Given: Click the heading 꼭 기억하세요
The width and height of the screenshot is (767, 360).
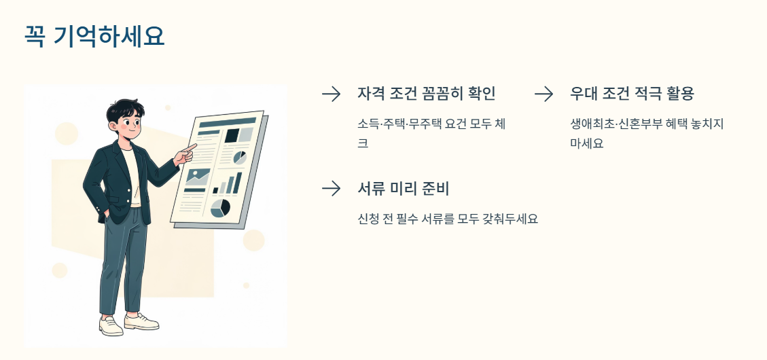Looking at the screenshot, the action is pos(94,36).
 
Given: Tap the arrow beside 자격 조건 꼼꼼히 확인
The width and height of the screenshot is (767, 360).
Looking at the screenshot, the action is pos(331,94).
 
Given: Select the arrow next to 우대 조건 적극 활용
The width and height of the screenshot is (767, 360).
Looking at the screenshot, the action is pos(543,94).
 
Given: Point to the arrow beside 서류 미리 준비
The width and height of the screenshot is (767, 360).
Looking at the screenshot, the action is pos(331,189).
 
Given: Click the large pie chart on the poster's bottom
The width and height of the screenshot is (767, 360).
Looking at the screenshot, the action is pos(220,208).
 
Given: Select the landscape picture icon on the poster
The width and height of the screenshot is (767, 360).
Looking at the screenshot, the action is pos(197,177).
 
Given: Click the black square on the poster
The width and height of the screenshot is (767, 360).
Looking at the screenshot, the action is pos(232,135).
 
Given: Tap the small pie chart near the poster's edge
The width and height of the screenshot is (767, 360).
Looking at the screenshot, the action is pos(240,158).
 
